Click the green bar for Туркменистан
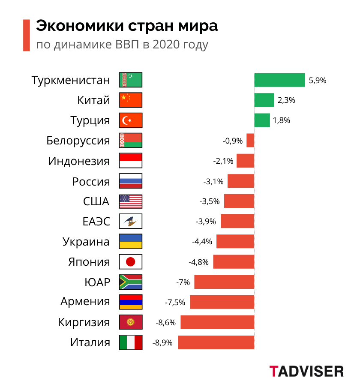pyautogui.click(x=279, y=80)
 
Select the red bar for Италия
pyautogui.click(x=216, y=342)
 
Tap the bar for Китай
pyautogui.click(x=264, y=100)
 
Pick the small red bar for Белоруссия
pyautogui.click(x=250, y=141)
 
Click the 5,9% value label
pyautogui.click(x=318, y=80)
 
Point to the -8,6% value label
pyautogui.click(x=166, y=322)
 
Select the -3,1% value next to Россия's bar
pyautogui.click(x=213, y=181)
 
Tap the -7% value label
pyautogui.click(x=183, y=282)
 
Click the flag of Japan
pyautogui.click(x=131, y=261)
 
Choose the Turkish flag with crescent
pyautogui.click(x=131, y=120)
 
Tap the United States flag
pyautogui.click(x=131, y=201)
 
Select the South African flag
pyautogui.click(x=131, y=282)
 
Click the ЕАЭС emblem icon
pyautogui.click(x=131, y=221)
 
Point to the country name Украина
pyautogui.click(x=86, y=241)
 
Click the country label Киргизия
pyautogui.click(x=84, y=322)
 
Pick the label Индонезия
pyautogui.click(x=79, y=161)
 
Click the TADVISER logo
pyautogui.click(x=306, y=371)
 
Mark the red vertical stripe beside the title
pyautogui.click(x=26, y=35)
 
